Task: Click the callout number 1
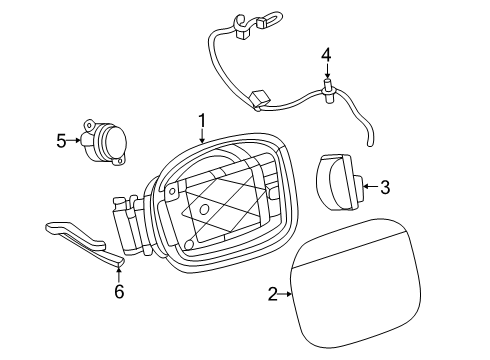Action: point(202,121)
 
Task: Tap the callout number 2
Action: point(273,294)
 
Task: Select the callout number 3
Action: point(385,187)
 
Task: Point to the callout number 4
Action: point(326,55)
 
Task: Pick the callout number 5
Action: point(61,141)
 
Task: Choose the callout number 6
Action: point(119,292)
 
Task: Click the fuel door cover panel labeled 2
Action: point(355,283)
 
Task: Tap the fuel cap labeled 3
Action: point(339,182)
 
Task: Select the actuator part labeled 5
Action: point(104,142)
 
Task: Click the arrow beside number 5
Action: point(73,141)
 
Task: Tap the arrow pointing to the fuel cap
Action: point(371,186)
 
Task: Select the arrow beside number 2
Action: point(285,294)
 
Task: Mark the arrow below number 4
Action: point(327,71)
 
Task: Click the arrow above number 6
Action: point(119,275)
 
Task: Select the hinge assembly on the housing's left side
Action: point(131,225)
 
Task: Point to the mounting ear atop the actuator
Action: point(90,126)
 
